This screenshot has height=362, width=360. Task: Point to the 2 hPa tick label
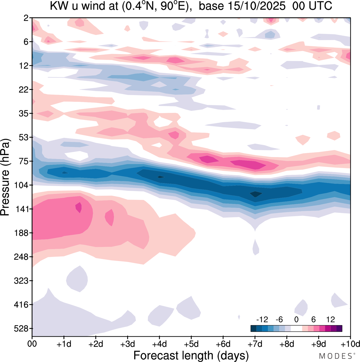click(x=26, y=18)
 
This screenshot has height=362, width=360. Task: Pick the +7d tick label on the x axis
click(x=255, y=344)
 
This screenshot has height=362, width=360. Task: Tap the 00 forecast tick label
click(x=32, y=344)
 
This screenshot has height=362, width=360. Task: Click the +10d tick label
click(x=350, y=344)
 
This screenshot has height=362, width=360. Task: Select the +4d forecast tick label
click(x=159, y=344)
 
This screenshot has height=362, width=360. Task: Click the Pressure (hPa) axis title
click(x=6, y=177)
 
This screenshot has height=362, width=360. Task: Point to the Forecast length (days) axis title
click(x=191, y=356)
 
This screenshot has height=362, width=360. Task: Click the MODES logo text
click(x=336, y=356)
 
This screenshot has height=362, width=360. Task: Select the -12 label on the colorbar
click(x=262, y=319)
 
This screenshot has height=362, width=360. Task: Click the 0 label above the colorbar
click(x=296, y=319)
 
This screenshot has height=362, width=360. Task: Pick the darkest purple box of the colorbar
click(x=339, y=328)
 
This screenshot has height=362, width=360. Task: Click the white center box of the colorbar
click(x=296, y=328)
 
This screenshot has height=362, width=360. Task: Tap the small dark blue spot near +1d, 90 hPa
click(x=65, y=173)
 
